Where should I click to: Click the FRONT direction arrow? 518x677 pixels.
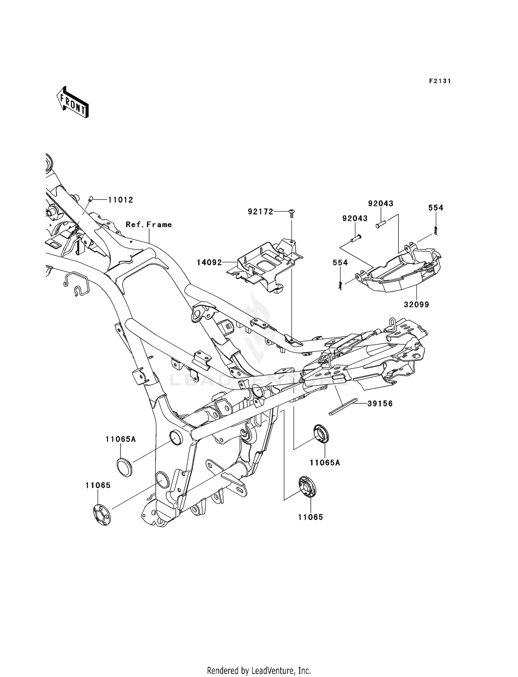point(73,102)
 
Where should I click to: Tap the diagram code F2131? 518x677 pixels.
point(440,81)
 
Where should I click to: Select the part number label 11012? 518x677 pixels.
point(121,200)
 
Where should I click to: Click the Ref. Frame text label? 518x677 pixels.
point(149,225)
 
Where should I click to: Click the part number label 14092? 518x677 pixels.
point(209,263)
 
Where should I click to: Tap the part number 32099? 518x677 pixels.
point(416,305)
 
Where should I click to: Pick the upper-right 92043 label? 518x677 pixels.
point(381,204)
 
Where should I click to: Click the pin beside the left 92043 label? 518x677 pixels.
point(356,238)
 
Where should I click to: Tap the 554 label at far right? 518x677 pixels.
point(436,208)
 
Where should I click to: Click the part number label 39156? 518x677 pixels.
point(380,404)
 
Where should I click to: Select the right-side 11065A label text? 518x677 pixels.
point(325,463)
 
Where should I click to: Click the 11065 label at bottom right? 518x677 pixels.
point(311,517)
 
